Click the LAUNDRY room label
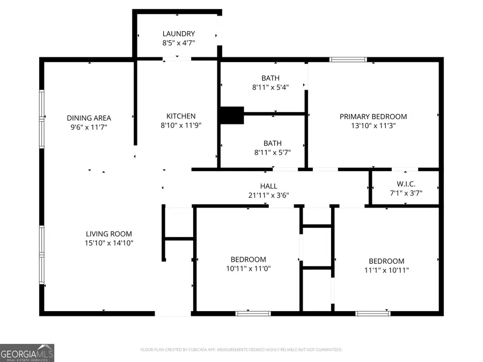[x=179, y=34]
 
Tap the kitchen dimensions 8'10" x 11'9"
[x=181, y=125]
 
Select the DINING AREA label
[x=89, y=118]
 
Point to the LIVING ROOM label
[x=109, y=234]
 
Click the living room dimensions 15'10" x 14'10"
[x=109, y=243]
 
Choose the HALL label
[x=268, y=186]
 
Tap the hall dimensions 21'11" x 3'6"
[x=268, y=195]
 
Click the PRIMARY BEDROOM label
[x=373, y=116]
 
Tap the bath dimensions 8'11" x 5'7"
[x=270, y=153]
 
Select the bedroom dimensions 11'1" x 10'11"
[x=386, y=270]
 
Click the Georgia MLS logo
[x=27, y=352]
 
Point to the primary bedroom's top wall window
[x=348, y=60]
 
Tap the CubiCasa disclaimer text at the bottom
[x=241, y=350]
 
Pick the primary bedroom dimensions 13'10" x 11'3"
[x=373, y=126]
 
